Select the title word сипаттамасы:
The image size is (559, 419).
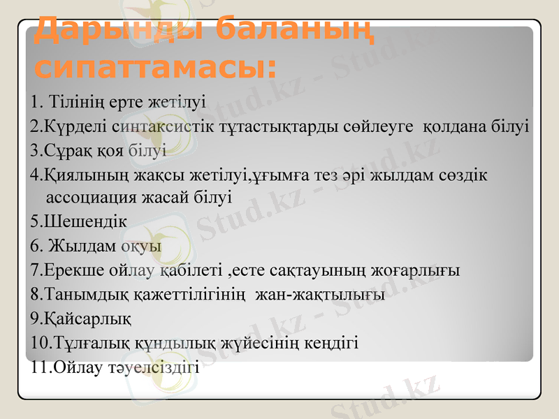pos(155,68)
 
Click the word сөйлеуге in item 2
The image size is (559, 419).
pos(382,127)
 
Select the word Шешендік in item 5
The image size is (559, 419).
pos(85,222)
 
